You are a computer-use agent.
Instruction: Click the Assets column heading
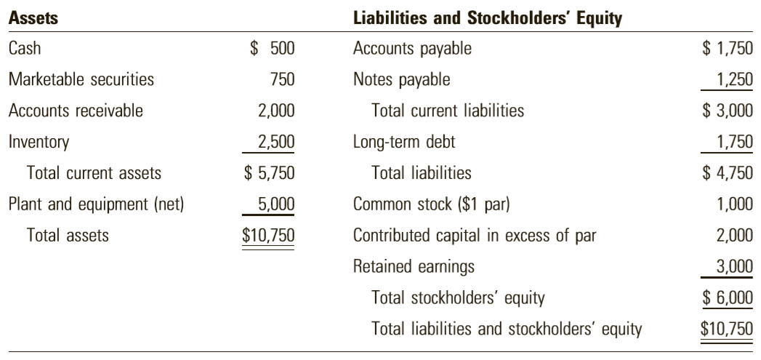pyautogui.click(x=33, y=18)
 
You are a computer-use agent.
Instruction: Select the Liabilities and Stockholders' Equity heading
pyautogui.click(x=487, y=18)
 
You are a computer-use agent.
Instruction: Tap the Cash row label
pyautogui.click(x=25, y=48)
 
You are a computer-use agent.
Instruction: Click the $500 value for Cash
pyautogui.click(x=273, y=48)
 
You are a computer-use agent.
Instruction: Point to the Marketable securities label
pyautogui.click(x=81, y=79)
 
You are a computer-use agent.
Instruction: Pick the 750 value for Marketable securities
pyautogui.click(x=283, y=79)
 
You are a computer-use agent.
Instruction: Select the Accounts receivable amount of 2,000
pyautogui.click(x=276, y=111)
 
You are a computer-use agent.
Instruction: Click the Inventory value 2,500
pyautogui.click(x=276, y=142)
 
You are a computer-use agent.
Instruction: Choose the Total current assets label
pyautogui.click(x=94, y=173)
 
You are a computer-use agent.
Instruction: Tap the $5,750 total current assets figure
pyautogui.click(x=270, y=173)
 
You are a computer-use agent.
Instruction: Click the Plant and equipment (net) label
pyautogui.click(x=97, y=204)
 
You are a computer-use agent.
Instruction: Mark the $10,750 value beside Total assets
pyautogui.click(x=268, y=235)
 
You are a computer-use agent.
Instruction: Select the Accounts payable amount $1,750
pyautogui.click(x=728, y=48)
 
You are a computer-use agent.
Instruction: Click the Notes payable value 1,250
pyautogui.click(x=735, y=79)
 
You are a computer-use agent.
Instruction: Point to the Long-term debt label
pyautogui.click(x=404, y=142)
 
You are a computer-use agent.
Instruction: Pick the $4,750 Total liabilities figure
pyautogui.click(x=728, y=173)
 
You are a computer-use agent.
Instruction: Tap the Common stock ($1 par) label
pyautogui.click(x=432, y=204)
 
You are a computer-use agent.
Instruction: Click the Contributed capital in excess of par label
pyautogui.click(x=475, y=235)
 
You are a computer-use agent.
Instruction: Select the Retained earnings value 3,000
pyautogui.click(x=735, y=267)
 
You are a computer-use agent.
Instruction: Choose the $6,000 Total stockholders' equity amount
pyautogui.click(x=728, y=297)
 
